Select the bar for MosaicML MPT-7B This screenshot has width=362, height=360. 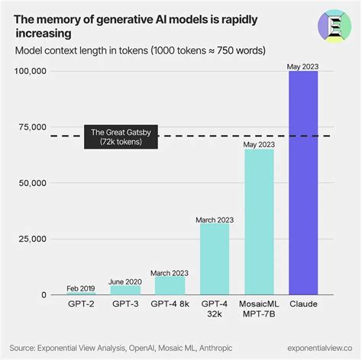click(260, 222)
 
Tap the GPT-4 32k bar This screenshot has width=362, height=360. click(215, 259)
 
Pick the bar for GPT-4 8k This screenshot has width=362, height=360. click(170, 285)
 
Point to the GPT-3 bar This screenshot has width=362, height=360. click(125, 290)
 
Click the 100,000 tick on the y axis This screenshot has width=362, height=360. click(31, 71)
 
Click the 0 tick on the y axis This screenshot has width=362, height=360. click(44, 295)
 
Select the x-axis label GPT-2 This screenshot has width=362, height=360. click(80, 305)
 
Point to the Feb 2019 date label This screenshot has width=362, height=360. click(80, 288)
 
